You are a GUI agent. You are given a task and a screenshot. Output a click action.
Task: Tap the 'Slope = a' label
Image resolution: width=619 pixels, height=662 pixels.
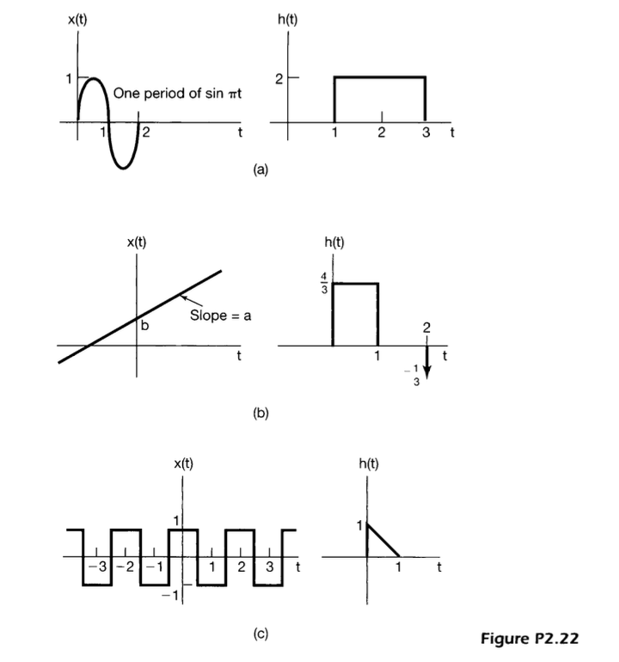click(x=220, y=316)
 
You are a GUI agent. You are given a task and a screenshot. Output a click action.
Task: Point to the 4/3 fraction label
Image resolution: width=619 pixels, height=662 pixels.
click(x=322, y=283)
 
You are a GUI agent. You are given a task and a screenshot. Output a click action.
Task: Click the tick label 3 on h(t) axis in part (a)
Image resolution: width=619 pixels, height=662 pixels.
click(x=425, y=134)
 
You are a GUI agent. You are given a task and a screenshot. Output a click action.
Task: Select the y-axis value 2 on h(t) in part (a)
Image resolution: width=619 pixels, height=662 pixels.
click(x=279, y=78)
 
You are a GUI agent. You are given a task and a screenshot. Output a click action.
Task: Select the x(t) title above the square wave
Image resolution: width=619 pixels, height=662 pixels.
click(x=183, y=464)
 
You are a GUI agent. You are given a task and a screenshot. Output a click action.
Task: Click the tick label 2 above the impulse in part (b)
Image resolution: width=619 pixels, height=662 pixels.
click(x=426, y=328)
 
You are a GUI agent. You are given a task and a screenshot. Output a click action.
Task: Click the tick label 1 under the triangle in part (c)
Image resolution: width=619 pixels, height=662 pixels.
click(x=398, y=567)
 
